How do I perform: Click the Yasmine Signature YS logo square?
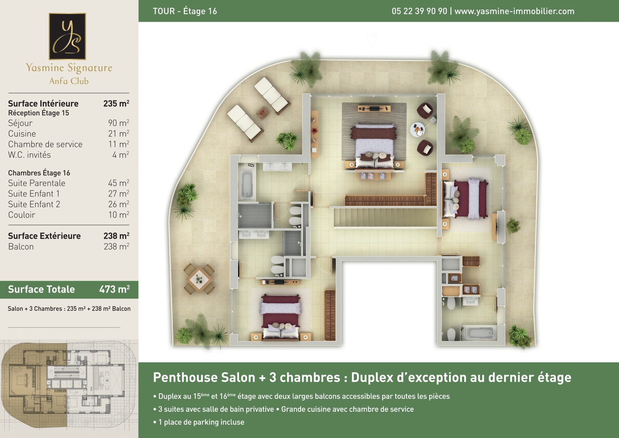tap(67, 36)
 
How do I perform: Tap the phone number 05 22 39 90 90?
tap(419, 11)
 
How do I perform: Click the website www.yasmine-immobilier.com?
tap(514, 11)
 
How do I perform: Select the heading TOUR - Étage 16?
tap(185, 11)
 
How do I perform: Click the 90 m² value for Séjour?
tap(118, 123)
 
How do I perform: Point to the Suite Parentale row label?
tap(37, 183)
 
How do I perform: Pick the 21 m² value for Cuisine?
tap(118, 134)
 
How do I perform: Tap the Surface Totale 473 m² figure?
tap(115, 289)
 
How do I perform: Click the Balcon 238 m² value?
tap(116, 246)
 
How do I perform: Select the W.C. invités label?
tap(29, 155)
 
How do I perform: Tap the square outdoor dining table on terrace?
tap(199, 279)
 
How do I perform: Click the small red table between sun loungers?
tap(262, 112)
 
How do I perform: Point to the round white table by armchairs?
tap(417, 130)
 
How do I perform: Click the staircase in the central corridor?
tap(385, 217)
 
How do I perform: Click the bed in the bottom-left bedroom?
tap(280, 317)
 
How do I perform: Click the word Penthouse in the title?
tap(204, 377)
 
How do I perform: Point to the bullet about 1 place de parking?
tap(199, 422)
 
